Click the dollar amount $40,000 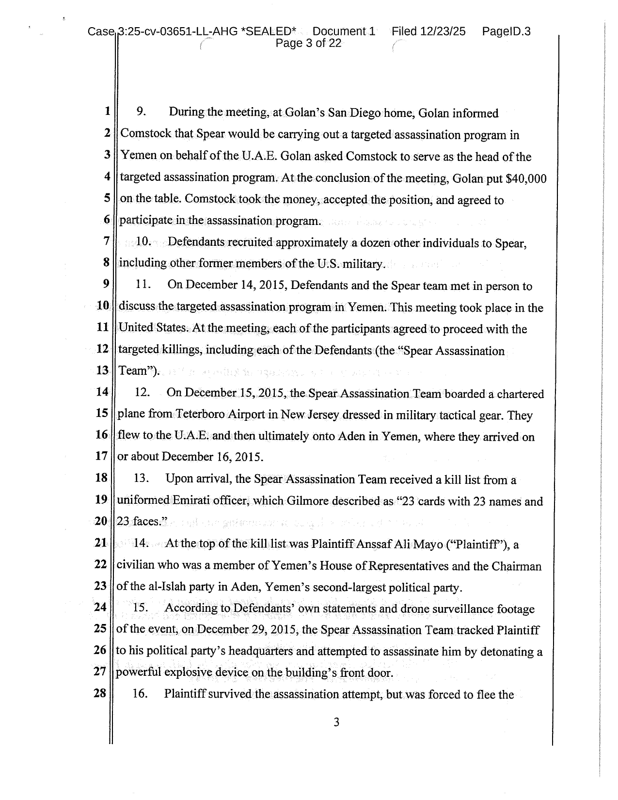(x=526, y=178)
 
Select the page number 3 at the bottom (x=336, y=723)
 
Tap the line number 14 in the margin (x=101, y=392)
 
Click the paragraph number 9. (x=141, y=112)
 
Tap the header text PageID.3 (x=506, y=32)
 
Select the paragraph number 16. (x=140, y=694)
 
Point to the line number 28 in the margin (x=100, y=693)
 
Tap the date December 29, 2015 (x=247, y=630)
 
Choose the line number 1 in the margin (x=107, y=111)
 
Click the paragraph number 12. (x=142, y=392)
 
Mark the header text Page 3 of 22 (x=308, y=44)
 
